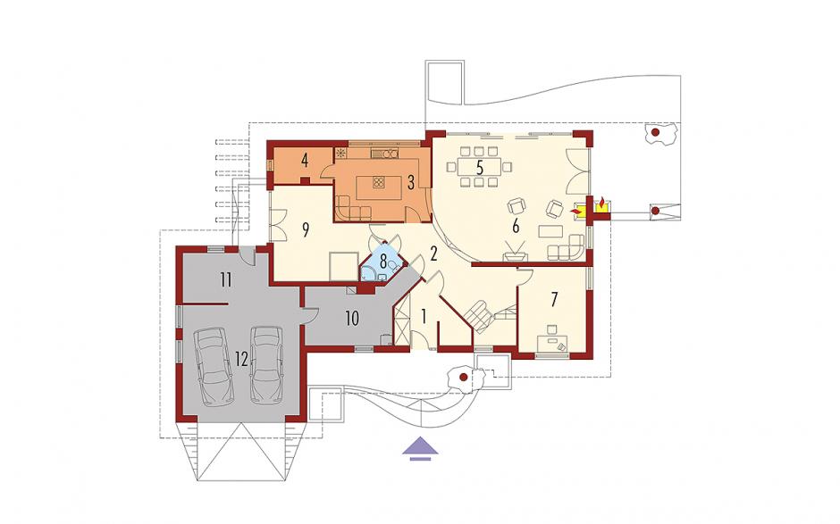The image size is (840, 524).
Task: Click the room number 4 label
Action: [305, 160]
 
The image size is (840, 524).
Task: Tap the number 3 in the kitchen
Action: [411, 182]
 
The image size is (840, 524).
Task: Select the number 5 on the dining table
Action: [480, 167]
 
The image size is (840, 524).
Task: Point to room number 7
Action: [554, 299]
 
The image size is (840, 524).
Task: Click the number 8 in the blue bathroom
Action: [383, 262]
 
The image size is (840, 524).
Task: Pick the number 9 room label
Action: [306, 229]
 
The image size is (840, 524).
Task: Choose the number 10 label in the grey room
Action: [351, 319]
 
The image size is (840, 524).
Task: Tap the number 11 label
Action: [226, 279]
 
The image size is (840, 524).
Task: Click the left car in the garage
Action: [214, 366]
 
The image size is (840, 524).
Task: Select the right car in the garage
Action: [266, 365]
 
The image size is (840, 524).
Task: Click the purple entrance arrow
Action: [421, 448]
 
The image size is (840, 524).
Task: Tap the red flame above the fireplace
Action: [602, 203]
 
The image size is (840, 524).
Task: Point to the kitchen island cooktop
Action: [379, 182]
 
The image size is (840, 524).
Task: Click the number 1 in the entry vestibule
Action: [424, 317]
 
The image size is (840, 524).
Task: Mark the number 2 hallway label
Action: [434, 254]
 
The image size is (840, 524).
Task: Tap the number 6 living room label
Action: [516, 227]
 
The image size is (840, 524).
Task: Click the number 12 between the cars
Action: [241, 359]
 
